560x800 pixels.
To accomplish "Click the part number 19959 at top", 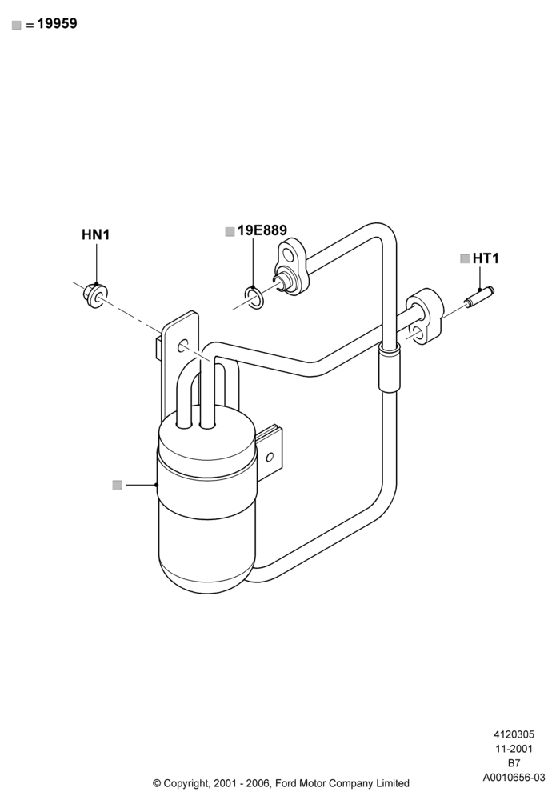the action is tap(57, 23).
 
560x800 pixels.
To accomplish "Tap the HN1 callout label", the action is tap(96, 234).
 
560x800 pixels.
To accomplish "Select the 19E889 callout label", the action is tap(262, 230).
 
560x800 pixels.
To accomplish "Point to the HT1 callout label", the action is tap(486, 258).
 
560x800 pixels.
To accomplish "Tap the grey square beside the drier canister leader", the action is tap(118, 485).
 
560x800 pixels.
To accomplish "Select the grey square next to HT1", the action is tap(465, 258).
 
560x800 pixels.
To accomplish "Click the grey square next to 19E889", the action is tap(230, 231).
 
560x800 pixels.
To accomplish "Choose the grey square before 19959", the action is tap(17, 25).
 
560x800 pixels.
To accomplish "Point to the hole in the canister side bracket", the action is tap(270, 456).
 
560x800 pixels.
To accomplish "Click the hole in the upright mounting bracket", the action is tap(183, 346).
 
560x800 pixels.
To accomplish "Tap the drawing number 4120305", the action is tap(514, 734).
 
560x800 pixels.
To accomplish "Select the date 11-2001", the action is tap(514, 749).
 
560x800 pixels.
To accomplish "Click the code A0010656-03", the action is tap(514, 778).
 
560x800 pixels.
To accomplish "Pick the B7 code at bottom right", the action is tap(514, 763).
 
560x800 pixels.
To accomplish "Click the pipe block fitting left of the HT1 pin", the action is tap(425, 315).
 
